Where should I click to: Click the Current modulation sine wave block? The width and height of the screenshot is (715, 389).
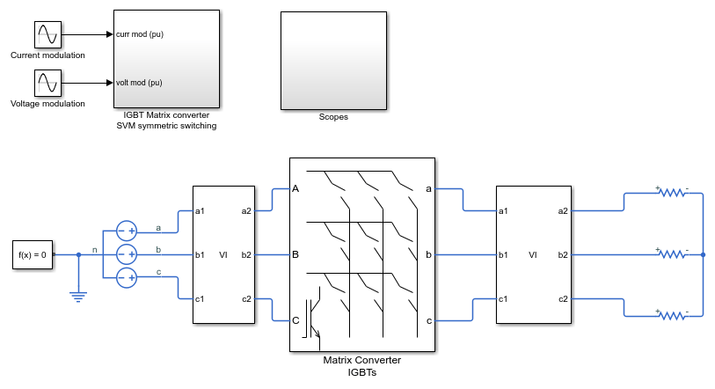point(47,34)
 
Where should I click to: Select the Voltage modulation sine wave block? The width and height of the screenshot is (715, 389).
point(47,83)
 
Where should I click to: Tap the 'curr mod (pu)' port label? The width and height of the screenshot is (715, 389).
point(140,34)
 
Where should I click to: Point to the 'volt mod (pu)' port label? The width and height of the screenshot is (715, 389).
point(139,83)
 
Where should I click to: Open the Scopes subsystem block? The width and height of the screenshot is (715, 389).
point(334,61)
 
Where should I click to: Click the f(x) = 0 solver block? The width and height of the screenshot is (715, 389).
point(33,254)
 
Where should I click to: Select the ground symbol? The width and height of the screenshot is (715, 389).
point(78,297)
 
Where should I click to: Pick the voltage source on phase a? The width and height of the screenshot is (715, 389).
point(127,231)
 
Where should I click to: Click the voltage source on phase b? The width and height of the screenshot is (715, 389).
point(127,254)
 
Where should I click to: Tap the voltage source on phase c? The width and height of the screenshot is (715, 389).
point(127,277)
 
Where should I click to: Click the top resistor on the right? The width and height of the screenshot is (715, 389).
point(673,192)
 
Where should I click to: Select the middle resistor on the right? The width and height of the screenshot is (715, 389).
point(673,253)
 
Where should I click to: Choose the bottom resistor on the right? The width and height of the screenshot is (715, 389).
point(673,315)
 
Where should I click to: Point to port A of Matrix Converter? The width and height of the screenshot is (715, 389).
point(295,188)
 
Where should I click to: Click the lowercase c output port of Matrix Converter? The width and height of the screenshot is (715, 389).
point(428,321)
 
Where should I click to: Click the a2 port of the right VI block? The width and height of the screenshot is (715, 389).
point(563,211)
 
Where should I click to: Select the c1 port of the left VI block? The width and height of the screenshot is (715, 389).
point(200,299)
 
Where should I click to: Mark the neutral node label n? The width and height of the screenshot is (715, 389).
point(95,250)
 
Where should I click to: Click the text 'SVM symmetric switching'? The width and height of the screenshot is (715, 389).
point(166,126)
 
